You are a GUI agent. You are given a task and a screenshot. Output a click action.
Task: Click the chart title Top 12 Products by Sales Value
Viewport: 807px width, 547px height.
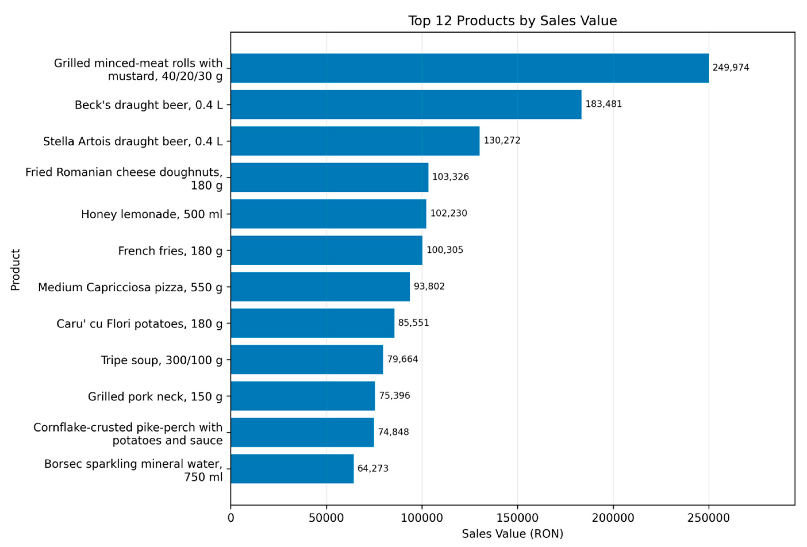(x=513, y=21)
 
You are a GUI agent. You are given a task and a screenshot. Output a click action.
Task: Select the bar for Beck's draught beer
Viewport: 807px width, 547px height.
(x=406, y=104)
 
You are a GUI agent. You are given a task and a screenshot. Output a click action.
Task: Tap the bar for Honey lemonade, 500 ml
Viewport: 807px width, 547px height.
(x=329, y=213)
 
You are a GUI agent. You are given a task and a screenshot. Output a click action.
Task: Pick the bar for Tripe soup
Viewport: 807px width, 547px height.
(x=307, y=359)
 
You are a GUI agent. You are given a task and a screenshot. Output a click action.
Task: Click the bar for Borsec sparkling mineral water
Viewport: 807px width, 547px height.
(x=292, y=469)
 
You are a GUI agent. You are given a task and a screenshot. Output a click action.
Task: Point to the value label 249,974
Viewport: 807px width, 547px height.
(x=731, y=67)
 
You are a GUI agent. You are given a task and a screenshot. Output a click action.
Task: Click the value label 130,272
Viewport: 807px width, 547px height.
(x=502, y=140)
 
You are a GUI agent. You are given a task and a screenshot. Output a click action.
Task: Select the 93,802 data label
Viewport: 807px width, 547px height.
(x=429, y=286)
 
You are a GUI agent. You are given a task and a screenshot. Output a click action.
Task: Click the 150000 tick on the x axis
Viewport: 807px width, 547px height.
(x=518, y=518)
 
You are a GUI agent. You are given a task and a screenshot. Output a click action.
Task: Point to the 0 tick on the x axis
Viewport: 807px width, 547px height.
(x=231, y=518)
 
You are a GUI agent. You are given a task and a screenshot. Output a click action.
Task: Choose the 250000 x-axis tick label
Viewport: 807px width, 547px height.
(x=709, y=518)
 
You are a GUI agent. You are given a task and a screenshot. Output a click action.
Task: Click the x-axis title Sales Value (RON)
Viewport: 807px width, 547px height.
(x=513, y=534)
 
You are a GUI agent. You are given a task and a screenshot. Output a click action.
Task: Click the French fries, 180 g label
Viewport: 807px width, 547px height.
(x=170, y=251)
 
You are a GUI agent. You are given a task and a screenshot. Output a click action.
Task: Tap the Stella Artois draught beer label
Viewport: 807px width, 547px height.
(x=133, y=141)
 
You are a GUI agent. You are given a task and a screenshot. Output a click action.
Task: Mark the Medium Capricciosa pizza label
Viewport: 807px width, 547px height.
(x=130, y=287)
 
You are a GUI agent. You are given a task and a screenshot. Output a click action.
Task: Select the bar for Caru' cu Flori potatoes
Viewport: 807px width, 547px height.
(x=313, y=323)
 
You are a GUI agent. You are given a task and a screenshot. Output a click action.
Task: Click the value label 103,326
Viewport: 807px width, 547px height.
(x=450, y=177)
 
